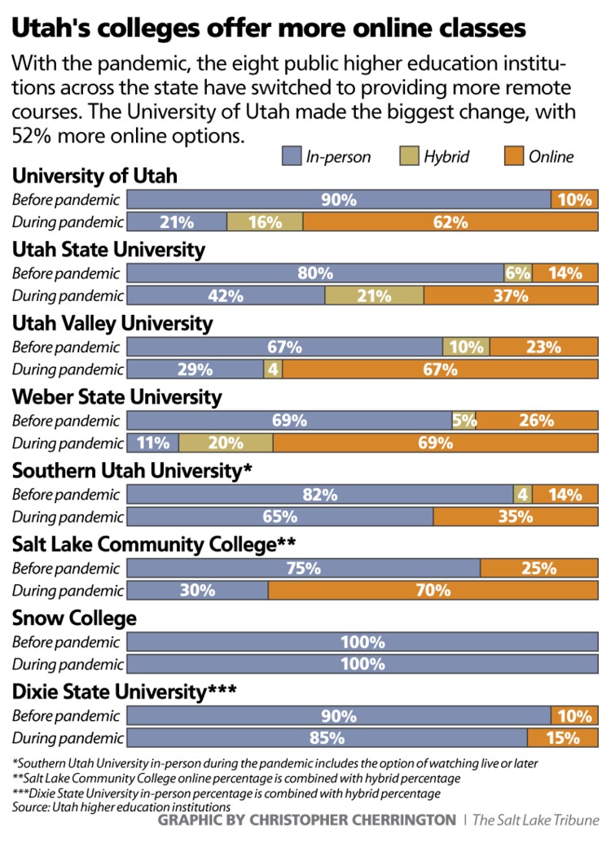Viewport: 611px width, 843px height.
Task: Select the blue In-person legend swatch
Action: point(291,156)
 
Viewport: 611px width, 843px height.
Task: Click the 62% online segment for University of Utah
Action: point(451,221)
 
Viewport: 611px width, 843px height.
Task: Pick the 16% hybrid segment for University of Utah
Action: point(265,221)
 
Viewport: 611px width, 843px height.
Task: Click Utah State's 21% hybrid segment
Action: point(374,295)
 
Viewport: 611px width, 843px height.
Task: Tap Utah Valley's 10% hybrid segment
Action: point(466,347)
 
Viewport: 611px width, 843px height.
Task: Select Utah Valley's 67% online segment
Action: point(440,369)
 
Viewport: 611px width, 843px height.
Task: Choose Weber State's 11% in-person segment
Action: point(153,443)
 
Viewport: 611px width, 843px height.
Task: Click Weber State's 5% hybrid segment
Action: point(464,421)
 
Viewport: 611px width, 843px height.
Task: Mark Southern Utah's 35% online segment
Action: point(516,516)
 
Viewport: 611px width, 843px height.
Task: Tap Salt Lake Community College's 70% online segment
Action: point(433,590)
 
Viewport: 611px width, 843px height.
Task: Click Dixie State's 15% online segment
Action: point(563,738)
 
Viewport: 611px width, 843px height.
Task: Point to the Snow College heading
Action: point(74,618)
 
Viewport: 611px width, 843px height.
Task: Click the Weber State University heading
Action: point(116,397)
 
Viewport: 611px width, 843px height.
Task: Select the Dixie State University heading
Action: point(124,692)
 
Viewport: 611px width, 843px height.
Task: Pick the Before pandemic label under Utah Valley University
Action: point(66,347)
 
